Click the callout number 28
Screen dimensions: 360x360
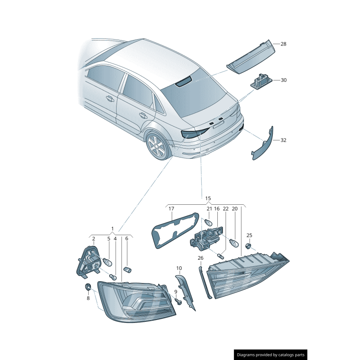pyautogui.click(x=283, y=44)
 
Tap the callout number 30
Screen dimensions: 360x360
pyautogui.click(x=283, y=80)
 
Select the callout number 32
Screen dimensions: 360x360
pyautogui.click(x=283, y=140)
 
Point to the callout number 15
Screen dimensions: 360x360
pyautogui.click(x=208, y=198)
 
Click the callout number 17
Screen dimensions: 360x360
pyautogui.click(x=171, y=209)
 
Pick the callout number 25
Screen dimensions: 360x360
pyautogui.click(x=249, y=235)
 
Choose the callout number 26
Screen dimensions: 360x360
pyautogui.click(x=200, y=258)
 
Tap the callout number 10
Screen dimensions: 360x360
pyautogui.click(x=179, y=268)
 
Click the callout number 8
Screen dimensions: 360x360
pyautogui.click(x=88, y=298)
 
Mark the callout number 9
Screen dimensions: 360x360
pyautogui.click(x=175, y=292)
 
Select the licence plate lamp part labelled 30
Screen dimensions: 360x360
pyautogui.click(x=261, y=81)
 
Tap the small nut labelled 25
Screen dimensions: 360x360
pyautogui.click(x=248, y=246)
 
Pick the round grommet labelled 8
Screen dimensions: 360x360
pyautogui.click(x=88, y=287)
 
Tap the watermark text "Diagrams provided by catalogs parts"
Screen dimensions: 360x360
pyautogui.click(x=271, y=355)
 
